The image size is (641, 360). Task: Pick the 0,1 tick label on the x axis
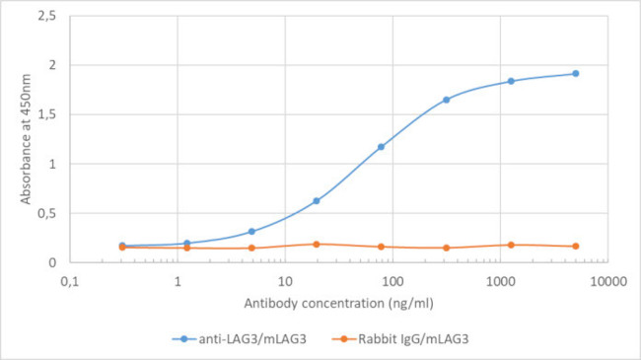(x=70, y=280)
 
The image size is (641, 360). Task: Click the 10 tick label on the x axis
(x=283, y=280)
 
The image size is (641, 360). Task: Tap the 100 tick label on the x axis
(x=391, y=280)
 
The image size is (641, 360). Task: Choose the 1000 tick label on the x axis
(x=498, y=280)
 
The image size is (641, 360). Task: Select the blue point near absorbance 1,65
(x=446, y=100)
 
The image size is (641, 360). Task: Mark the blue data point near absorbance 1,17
(x=381, y=147)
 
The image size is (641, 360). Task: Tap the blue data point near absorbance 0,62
(x=317, y=200)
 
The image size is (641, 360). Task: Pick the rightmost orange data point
(x=575, y=247)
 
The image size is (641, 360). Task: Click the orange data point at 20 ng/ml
(x=317, y=244)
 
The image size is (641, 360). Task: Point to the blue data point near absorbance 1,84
(x=511, y=81)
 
